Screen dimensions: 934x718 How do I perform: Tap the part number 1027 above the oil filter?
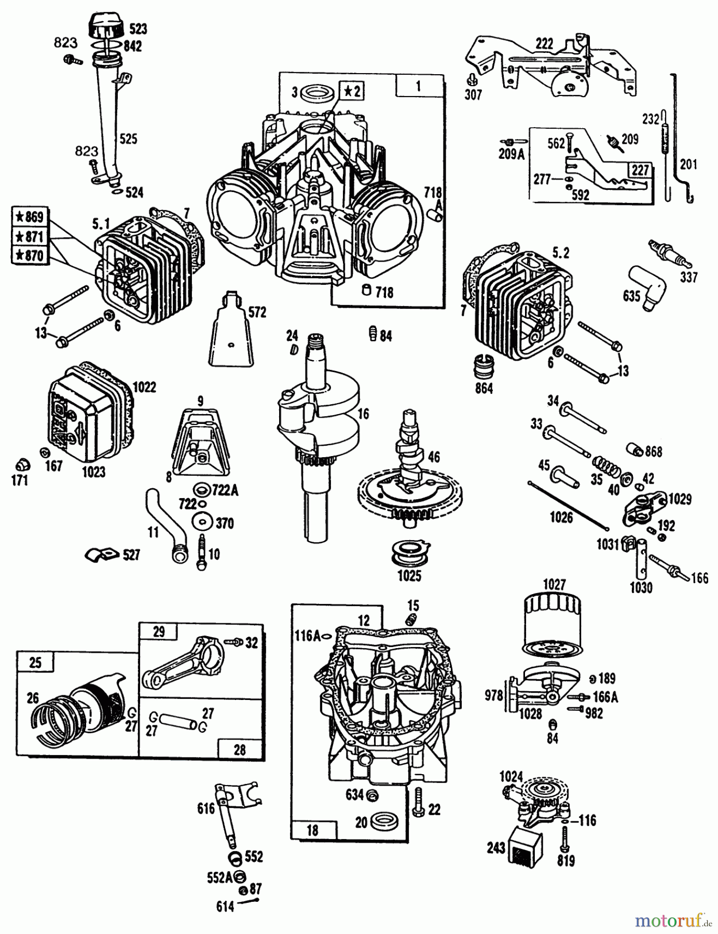tap(554, 585)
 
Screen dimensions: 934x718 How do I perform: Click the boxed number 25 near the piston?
tap(35, 663)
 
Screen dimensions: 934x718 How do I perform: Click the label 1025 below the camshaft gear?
tap(409, 575)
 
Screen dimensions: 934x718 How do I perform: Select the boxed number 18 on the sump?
tap(312, 830)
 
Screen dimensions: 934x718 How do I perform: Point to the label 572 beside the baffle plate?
tap(257, 312)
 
